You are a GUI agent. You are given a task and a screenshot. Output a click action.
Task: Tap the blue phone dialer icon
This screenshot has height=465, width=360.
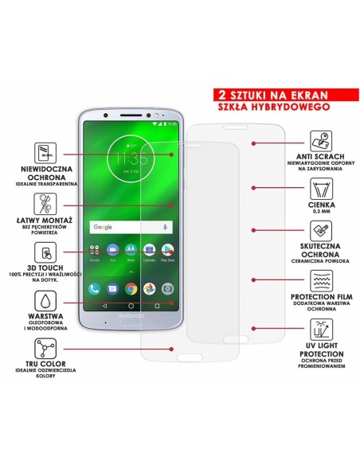pos(95,287)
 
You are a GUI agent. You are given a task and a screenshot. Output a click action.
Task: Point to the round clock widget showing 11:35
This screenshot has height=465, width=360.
pos(131,158)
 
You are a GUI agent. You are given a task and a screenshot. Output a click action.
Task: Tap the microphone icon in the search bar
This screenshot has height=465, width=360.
pos(165,227)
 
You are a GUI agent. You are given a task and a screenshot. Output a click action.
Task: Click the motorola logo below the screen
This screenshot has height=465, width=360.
pos(132,317)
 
